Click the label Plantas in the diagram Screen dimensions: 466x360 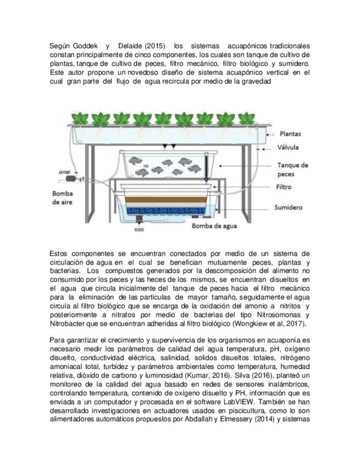pos(290,134)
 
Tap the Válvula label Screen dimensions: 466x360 pos(289,147)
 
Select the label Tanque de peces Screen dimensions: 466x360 pos(292,169)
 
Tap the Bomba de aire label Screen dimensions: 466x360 pos(64,198)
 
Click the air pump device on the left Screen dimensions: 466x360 pos(70,177)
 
